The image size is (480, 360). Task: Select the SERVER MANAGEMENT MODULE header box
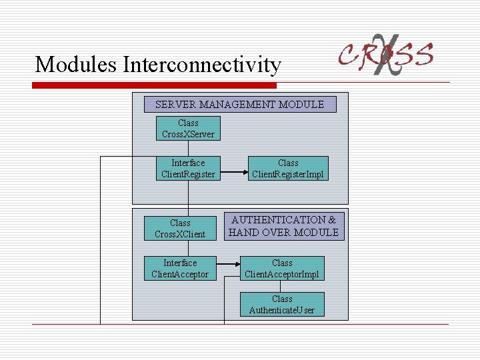[240, 104]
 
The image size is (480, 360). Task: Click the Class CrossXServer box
[188, 129]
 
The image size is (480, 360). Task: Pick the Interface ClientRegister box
[188, 168]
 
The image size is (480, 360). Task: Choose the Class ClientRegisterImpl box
[288, 168]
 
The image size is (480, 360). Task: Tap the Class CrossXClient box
[180, 228]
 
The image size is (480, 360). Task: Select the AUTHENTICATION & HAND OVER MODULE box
[283, 226]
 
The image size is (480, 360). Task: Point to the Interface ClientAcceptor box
[180, 268]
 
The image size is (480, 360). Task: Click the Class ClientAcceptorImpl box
[282, 268]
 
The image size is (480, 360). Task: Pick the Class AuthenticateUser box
[282, 304]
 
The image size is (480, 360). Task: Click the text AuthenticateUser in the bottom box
[282, 310]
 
